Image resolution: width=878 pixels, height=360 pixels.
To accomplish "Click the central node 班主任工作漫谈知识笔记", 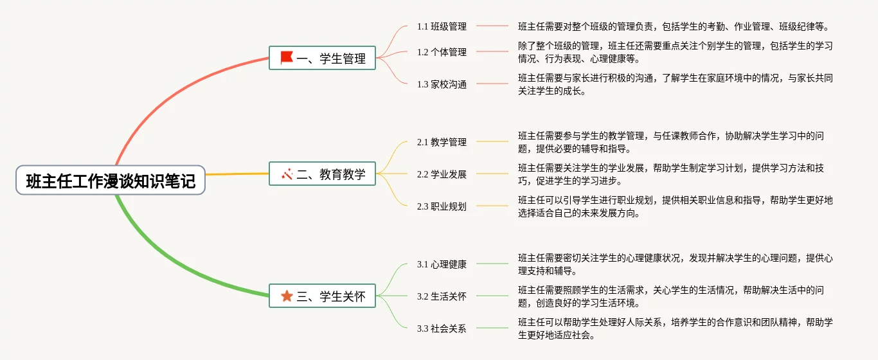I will tap(111, 181).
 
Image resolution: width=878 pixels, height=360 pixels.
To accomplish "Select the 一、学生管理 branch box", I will tap(322, 59).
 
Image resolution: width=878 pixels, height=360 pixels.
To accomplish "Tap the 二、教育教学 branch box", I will tap(322, 174).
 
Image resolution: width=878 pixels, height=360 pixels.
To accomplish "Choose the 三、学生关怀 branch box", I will tap(322, 296).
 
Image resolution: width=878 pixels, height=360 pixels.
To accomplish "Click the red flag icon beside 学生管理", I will tap(287, 58).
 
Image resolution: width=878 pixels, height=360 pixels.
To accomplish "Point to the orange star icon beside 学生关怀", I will tap(287, 296).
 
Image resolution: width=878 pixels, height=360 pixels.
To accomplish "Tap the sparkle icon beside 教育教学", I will tap(287, 174).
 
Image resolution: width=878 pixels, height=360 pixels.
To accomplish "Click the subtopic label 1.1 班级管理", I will tap(442, 26).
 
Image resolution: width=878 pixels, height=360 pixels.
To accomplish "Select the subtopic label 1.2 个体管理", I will tap(442, 52).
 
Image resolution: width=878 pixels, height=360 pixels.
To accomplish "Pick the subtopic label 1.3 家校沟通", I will tap(442, 84).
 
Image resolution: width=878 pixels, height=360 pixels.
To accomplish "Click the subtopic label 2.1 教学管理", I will tap(442, 142).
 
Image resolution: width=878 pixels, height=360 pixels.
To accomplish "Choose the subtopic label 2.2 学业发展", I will tap(442, 174).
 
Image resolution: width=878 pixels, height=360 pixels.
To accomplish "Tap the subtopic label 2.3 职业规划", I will tap(442, 206).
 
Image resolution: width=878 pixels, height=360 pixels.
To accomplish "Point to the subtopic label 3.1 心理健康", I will tap(442, 264).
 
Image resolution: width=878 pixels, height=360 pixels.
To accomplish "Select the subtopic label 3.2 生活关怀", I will tap(442, 296).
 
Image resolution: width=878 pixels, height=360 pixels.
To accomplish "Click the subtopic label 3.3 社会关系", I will tap(442, 328).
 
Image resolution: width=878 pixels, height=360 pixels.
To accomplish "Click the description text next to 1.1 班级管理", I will tap(674, 26).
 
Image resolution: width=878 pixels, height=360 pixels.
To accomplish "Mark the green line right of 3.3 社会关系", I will tap(492, 328).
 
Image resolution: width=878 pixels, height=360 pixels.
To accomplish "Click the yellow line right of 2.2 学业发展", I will tap(492, 174).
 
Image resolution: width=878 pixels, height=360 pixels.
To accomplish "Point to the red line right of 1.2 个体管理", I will tap(492, 51).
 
